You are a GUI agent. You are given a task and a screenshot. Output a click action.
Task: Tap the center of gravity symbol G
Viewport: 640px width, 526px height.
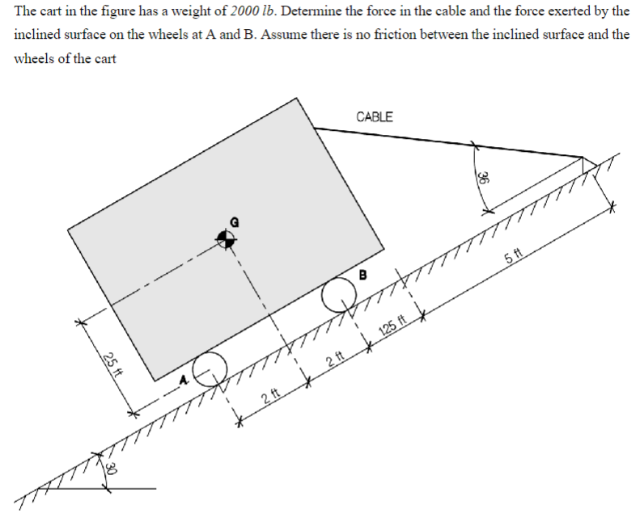pyautogui.click(x=226, y=237)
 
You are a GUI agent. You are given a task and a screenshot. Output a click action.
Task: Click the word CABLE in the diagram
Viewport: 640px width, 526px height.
pyautogui.click(x=375, y=116)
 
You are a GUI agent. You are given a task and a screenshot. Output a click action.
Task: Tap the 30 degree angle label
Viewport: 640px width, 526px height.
pyautogui.click(x=111, y=471)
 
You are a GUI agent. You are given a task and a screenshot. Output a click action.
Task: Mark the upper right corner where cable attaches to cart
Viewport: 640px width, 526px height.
pyautogui.click(x=315, y=128)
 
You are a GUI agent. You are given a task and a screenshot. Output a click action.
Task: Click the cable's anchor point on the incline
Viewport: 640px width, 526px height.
pyautogui.click(x=583, y=157)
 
